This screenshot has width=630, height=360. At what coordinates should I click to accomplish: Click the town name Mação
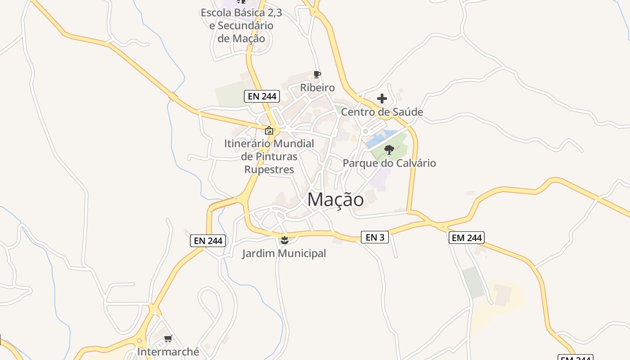tap(335, 200)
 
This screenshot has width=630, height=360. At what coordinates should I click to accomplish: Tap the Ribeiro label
tap(318, 88)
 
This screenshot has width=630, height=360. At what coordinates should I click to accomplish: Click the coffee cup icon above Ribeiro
tap(317, 74)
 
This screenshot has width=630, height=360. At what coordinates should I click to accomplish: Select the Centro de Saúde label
tap(382, 112)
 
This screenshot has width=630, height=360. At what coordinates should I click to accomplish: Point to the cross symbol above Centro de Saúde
tap(382, 99)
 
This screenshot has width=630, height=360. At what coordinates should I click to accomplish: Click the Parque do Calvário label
tap(389, 163)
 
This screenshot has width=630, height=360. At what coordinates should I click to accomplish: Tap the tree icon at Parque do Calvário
tap(389, 150)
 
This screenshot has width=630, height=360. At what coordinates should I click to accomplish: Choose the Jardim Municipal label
tap(284, 253)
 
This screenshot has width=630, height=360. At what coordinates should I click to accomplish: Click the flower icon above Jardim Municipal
tap(284, 240)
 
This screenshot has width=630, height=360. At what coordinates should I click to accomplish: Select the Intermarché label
tap(168, 351)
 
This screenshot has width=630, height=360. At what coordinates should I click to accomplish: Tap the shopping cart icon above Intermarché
tap(168, 338)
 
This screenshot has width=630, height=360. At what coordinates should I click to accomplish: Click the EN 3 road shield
tap(375, 237)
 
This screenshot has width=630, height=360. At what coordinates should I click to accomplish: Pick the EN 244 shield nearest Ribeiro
tap(262, 96)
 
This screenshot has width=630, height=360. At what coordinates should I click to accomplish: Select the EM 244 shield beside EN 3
tap(467, 238)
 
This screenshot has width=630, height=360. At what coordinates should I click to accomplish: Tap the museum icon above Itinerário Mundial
tap(269, 130)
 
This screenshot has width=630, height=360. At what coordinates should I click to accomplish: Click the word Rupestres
tap(269, 170)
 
